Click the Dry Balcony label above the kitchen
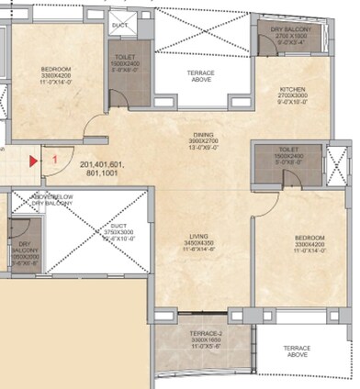coord(290,30)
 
